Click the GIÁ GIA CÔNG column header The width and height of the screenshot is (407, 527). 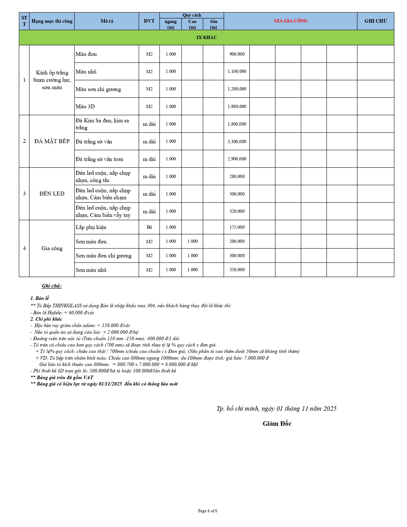290,21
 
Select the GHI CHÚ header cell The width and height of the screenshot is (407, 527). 375,21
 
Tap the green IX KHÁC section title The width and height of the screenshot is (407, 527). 207,37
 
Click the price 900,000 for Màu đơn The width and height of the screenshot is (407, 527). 237,54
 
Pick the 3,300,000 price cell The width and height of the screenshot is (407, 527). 237,141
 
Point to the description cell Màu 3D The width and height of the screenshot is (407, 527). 85,106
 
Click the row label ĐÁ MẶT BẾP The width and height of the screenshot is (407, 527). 52,141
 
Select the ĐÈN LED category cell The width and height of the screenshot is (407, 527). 52,194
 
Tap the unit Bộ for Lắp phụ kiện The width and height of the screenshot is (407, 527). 149,227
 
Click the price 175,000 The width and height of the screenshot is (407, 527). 237,227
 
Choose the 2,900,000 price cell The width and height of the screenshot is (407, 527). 237,159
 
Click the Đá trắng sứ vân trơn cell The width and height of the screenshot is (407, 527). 99,159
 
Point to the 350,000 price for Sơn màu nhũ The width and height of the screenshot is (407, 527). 237,270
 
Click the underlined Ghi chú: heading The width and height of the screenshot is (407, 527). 52,286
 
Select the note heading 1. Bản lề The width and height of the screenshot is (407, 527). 40,298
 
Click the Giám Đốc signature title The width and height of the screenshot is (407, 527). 277,424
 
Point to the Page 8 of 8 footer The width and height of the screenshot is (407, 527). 207,511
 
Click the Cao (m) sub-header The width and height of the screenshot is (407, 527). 192,24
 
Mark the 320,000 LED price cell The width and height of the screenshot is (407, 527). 237,211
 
